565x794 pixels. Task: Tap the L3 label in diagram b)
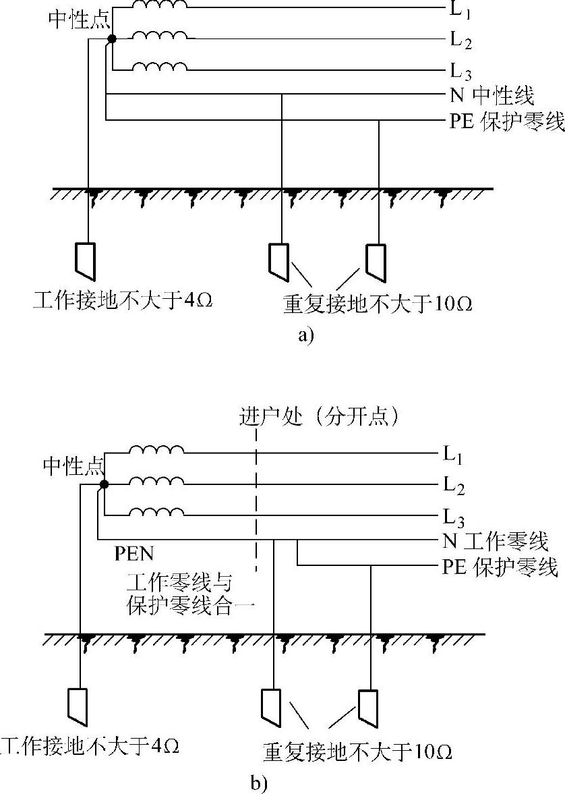(453, 517)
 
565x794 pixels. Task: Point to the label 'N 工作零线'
(496, 540)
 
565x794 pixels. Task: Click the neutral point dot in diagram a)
(112, 40)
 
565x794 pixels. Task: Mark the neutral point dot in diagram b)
(104, 484)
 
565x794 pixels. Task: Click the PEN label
(134, 555)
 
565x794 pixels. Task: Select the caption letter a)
(305, 335)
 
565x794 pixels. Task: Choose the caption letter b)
(260, 783)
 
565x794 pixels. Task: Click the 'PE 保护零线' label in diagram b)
(500, 567)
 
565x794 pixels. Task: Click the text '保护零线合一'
(190, 605)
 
